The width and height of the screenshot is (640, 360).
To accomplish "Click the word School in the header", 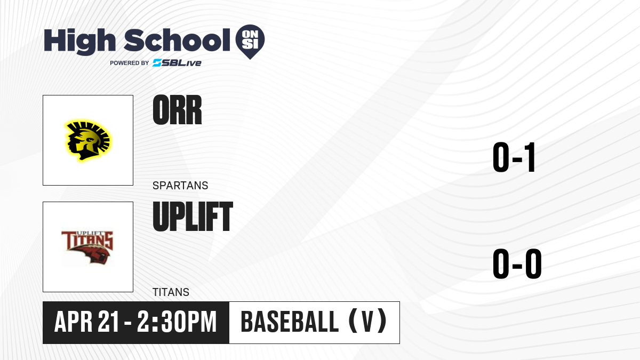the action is click(177, 39).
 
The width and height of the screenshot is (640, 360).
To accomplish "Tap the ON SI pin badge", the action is click(250, 42).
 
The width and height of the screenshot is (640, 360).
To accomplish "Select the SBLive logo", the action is click(177, 63).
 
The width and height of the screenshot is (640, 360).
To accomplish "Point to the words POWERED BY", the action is click(130, 63).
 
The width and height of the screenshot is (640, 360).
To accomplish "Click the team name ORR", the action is click(177, 110).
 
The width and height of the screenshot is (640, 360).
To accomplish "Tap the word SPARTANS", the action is click(180, 186).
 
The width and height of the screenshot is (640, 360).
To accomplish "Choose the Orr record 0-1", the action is click(514, 157).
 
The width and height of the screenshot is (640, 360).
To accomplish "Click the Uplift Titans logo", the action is click(87, 247).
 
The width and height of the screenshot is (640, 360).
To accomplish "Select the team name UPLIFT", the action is click(193, 217).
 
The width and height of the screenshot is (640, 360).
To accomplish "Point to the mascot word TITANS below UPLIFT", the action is click(171, 292).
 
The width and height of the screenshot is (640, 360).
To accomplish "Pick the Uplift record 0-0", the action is click(517, 263).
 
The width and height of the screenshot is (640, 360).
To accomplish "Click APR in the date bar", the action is click(74, 322).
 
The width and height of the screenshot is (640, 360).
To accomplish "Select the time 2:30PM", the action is click(177, 322).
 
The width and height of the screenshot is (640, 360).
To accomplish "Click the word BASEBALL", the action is click(290, 322).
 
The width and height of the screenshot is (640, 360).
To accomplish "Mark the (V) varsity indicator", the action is click(368, 322).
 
